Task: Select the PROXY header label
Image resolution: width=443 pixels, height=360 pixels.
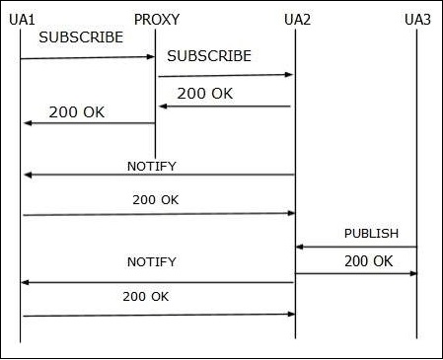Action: click(x=156, y=19)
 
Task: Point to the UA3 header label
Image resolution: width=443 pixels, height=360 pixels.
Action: click(x=417, y=19)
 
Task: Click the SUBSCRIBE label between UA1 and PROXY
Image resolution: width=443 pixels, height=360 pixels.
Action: click(x=81, y=37)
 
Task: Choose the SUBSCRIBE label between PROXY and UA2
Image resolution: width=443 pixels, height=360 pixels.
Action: click(x=209, y=56)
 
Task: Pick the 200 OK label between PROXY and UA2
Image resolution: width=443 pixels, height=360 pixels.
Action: click(x=205, y=94)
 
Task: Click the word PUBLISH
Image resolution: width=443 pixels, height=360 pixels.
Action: click(x=371, y=234)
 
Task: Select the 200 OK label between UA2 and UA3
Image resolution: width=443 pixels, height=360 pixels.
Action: click(x=369, y=261)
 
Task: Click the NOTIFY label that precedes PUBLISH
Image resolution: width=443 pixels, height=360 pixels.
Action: click(x=152, y=166)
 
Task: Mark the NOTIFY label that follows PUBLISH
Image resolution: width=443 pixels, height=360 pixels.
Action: click(x=152, y=262)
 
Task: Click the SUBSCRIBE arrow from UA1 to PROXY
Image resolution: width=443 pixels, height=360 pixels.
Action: click(x=88, y=58)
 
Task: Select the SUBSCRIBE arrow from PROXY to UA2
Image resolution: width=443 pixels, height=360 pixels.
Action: click(x=226, y=75)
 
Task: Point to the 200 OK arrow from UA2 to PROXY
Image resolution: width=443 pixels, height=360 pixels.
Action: click(x=226, y=107)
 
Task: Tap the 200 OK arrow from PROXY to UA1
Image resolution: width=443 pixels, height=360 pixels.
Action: click(x=88, y=123)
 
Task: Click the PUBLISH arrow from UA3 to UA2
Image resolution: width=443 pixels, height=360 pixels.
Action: click(x=356, y=247)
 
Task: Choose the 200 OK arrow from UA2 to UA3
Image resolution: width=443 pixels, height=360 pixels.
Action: click(x=356, y=273)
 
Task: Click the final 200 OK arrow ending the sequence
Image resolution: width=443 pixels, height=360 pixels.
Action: click(x=158, y=315)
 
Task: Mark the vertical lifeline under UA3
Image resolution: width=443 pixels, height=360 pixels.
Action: click(x=417, y=148)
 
